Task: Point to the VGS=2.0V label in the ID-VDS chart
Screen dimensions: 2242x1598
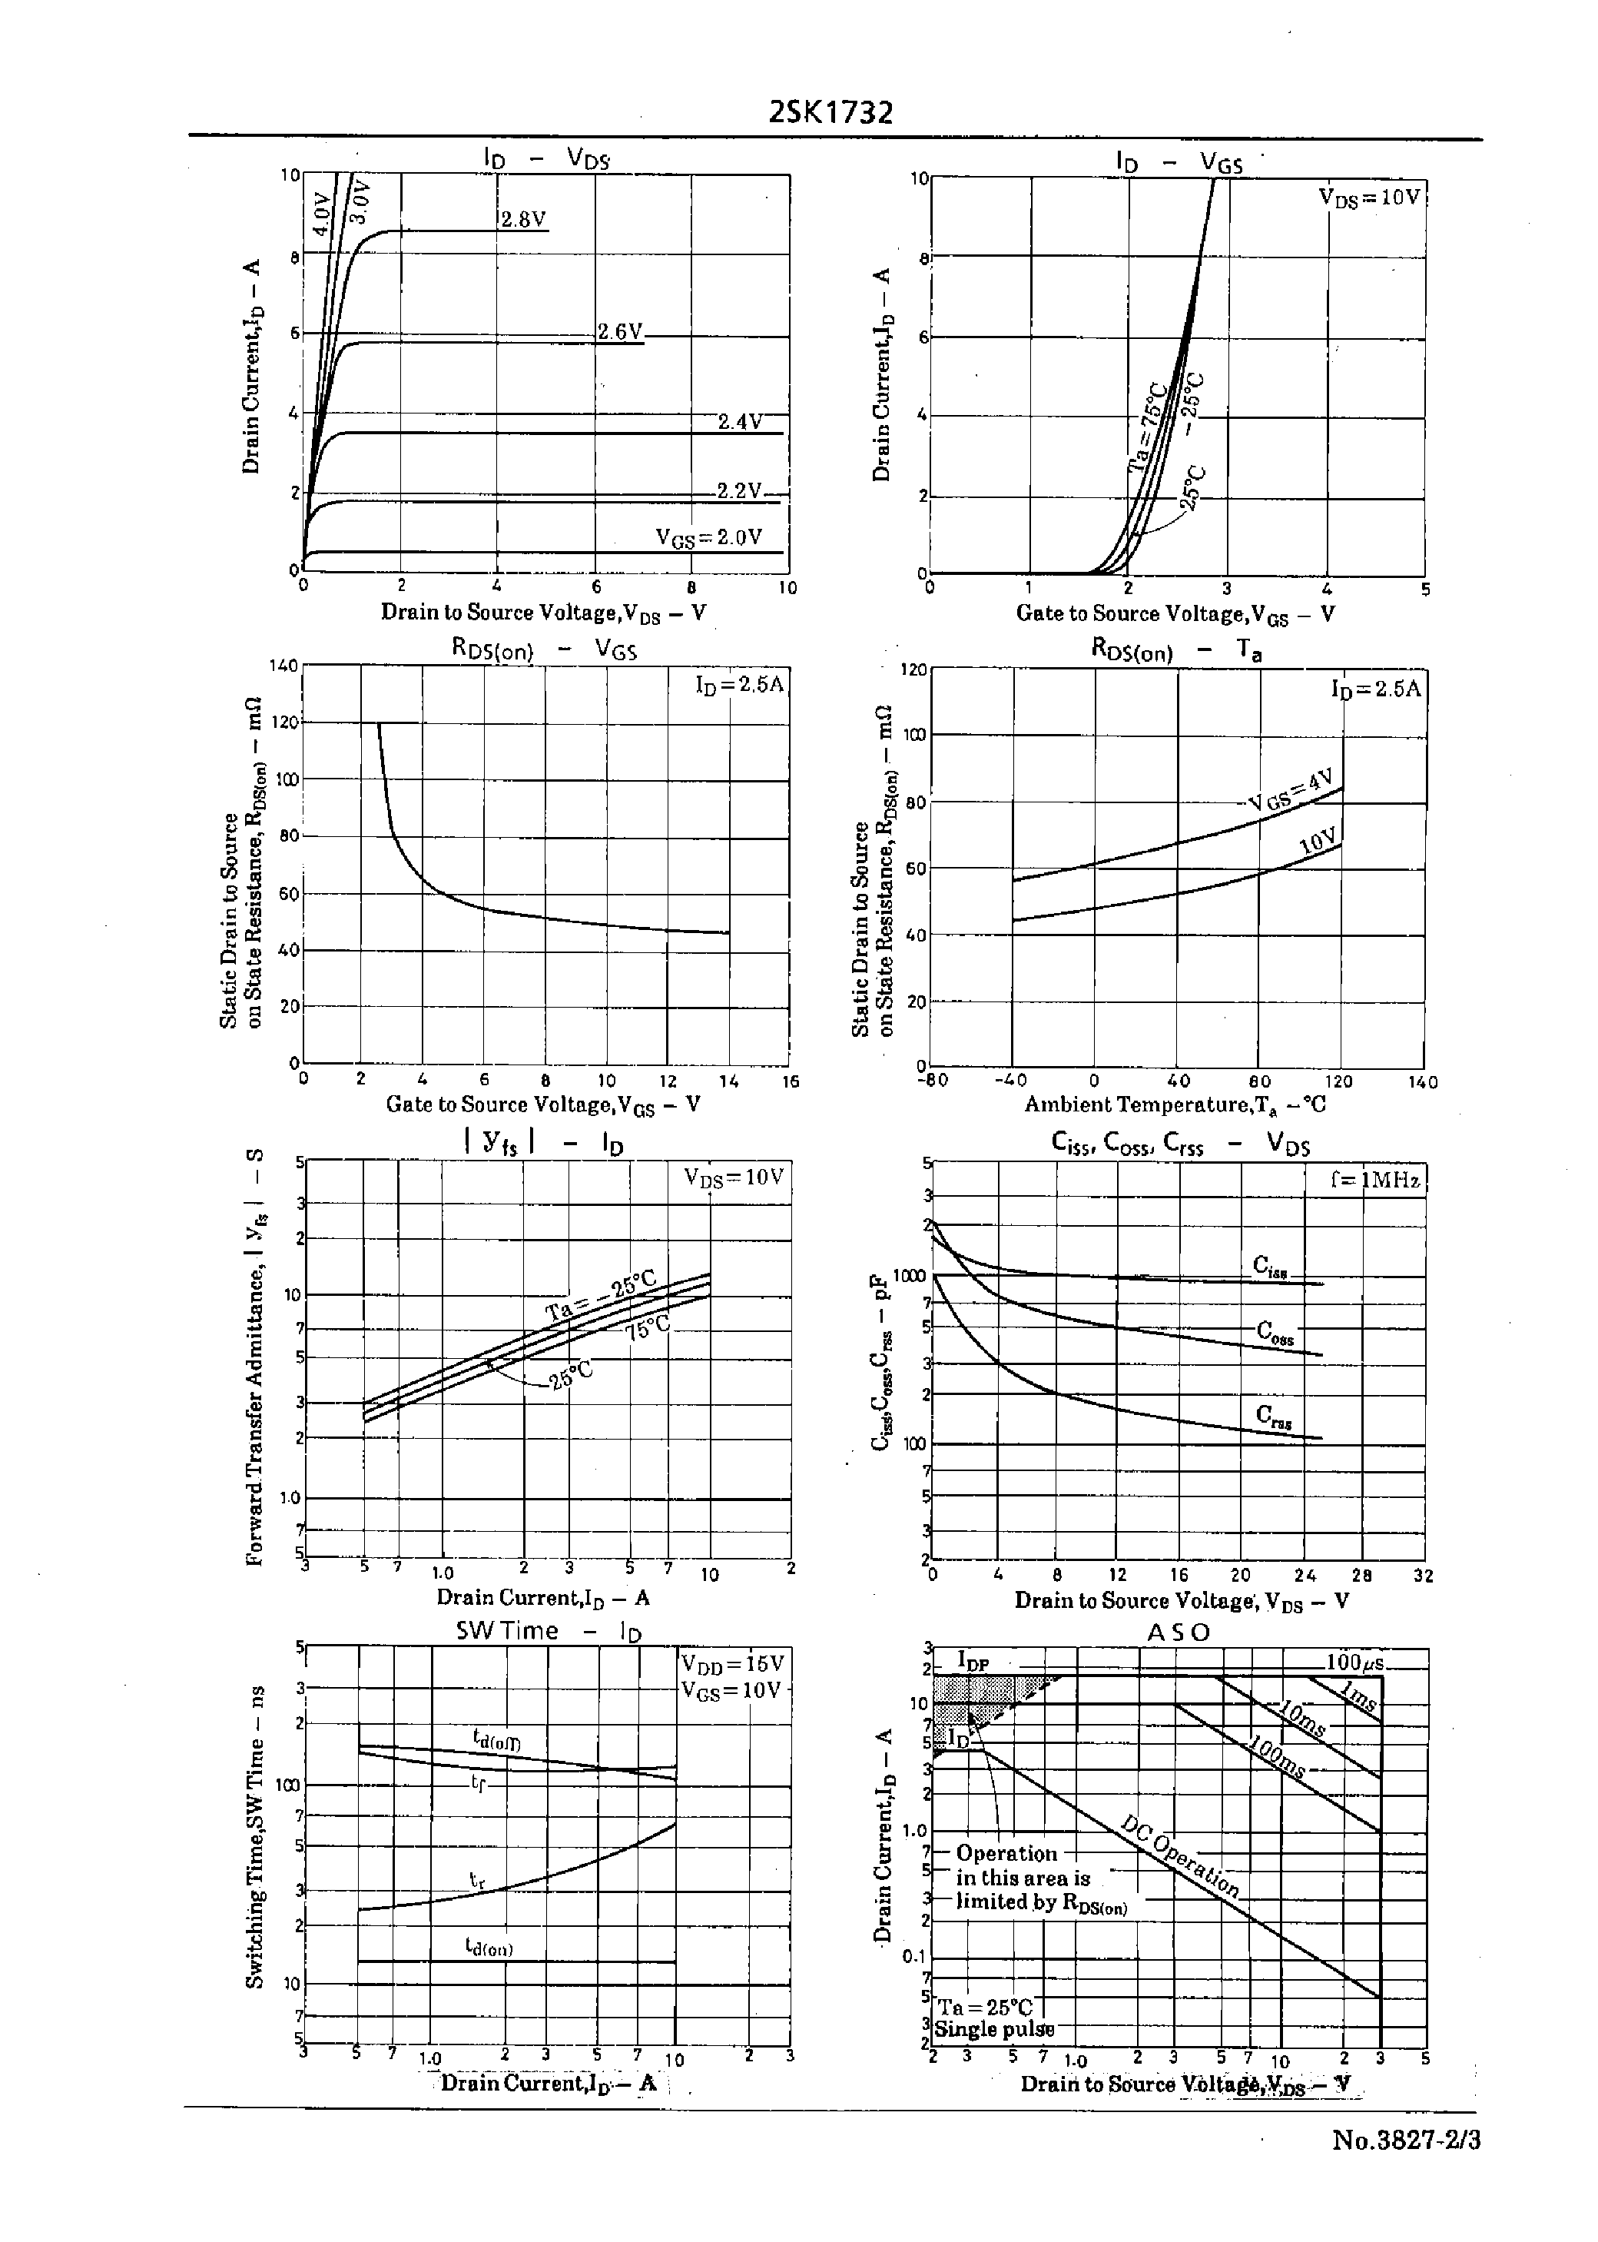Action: coord(708,537)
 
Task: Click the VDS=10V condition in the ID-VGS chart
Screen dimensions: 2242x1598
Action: coord(1370,197)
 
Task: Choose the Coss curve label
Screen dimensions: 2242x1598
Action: coord(1275,1333)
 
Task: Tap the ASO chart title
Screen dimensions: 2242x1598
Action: coord(1178,1632)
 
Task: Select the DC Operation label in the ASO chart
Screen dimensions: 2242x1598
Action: coord(1180,1855)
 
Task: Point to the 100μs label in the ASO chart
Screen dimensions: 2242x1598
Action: coord(1355,1663)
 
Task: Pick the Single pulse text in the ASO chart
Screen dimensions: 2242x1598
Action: coord(994,2029)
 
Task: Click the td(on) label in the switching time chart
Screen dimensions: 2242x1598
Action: coord(489,1946)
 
